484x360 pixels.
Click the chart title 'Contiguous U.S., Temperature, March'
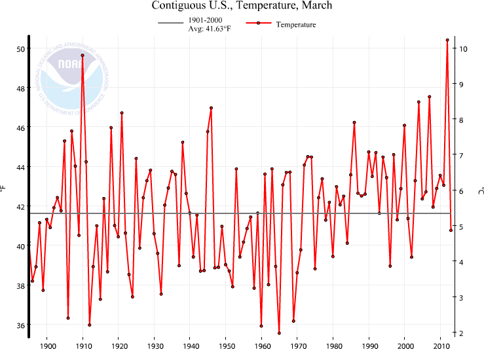tap(242, 6)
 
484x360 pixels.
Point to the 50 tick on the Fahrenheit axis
tap(20, 49)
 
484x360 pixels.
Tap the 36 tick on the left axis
tap(20, 325)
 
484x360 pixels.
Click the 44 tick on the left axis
tap(20, 168)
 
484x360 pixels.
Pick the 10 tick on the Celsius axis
tap(462, 49)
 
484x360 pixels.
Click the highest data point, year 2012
tap(447, 40)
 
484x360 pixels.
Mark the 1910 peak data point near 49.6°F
tap(83, 56)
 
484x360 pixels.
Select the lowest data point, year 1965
tap(279, 333)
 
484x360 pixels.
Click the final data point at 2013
tap(451, 230)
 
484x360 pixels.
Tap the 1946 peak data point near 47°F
tap(211, 108)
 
